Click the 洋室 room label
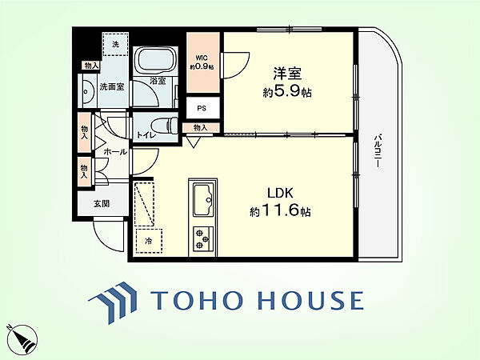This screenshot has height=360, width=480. pos(287,74)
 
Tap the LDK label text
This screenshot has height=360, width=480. pos(281,193)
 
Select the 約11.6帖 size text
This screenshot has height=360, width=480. pos(281,211)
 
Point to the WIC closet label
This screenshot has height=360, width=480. pos(202,58)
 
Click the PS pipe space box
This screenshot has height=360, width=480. pos(203,108)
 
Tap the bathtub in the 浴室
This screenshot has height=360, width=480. pos(156,61)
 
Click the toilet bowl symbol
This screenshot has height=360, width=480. pos(164,125)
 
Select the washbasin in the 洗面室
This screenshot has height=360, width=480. pos(87,91)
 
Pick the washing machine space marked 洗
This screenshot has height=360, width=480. pos(115,44)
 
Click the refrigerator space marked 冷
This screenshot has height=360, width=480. pos(149,241)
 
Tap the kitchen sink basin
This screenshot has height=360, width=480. pos(202,200)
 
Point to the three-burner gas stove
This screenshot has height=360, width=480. pos(203,238)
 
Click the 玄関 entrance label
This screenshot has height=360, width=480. pos(102,203)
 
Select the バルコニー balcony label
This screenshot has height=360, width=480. pos(378,150)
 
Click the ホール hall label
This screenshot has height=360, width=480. pos(115,151)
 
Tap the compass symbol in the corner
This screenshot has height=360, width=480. pos(22,339)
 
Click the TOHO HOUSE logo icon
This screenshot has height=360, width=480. pos(113,302)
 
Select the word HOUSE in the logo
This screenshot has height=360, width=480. pos(311,300)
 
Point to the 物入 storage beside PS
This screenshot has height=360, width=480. pos(201,127)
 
